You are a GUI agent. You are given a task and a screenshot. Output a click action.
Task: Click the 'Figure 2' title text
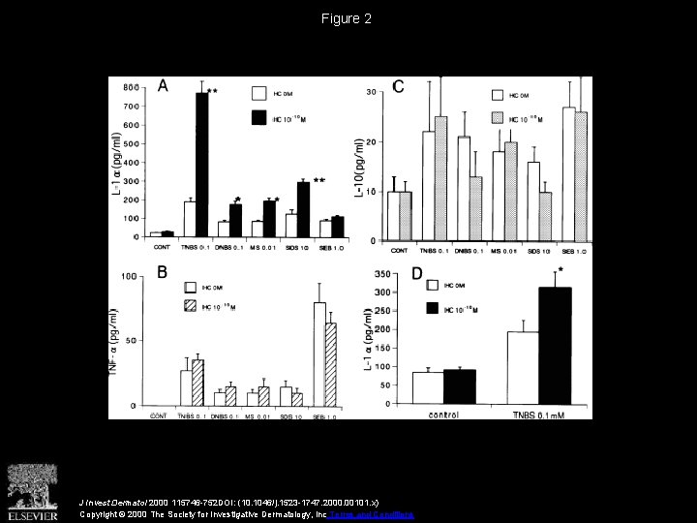tap(348, 18)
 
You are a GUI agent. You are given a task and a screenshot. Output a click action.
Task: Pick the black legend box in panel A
tap(259, 117)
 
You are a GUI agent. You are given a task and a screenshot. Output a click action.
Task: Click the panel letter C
tap(398, 87)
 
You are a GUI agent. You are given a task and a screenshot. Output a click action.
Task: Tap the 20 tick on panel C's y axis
tap(373, 142)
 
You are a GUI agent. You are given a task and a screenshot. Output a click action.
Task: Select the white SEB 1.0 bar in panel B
tap(319, 354)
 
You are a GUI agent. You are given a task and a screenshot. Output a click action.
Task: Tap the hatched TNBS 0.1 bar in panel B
tap(198, 383)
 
